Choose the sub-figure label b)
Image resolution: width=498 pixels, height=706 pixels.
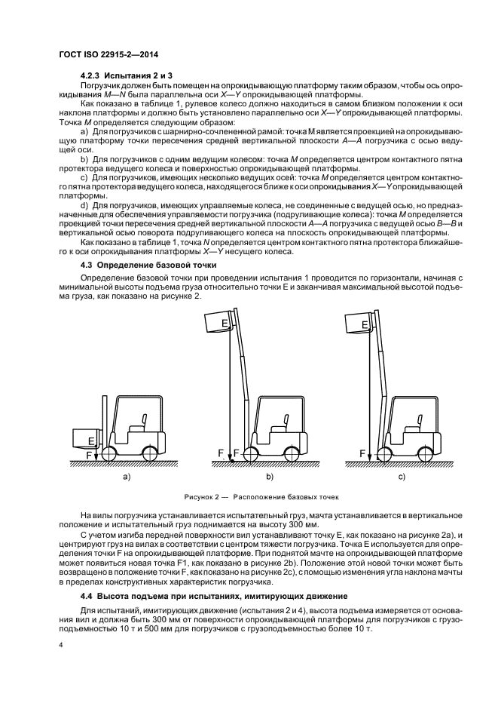pyautogui.click(x=269, y=477)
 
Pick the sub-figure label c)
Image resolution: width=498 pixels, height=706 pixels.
pyautogui.click(x=402, y=477)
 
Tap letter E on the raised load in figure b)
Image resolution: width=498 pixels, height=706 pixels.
pyautogui.click(x=224, y=323)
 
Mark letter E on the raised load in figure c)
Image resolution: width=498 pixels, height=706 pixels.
pyautogui.click(x=365, y=325)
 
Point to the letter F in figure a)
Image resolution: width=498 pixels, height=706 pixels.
pyautogui.click(x=90, y=455)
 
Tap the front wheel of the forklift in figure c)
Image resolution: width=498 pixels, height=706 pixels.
pyautogui.click(x=386, y=453)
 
